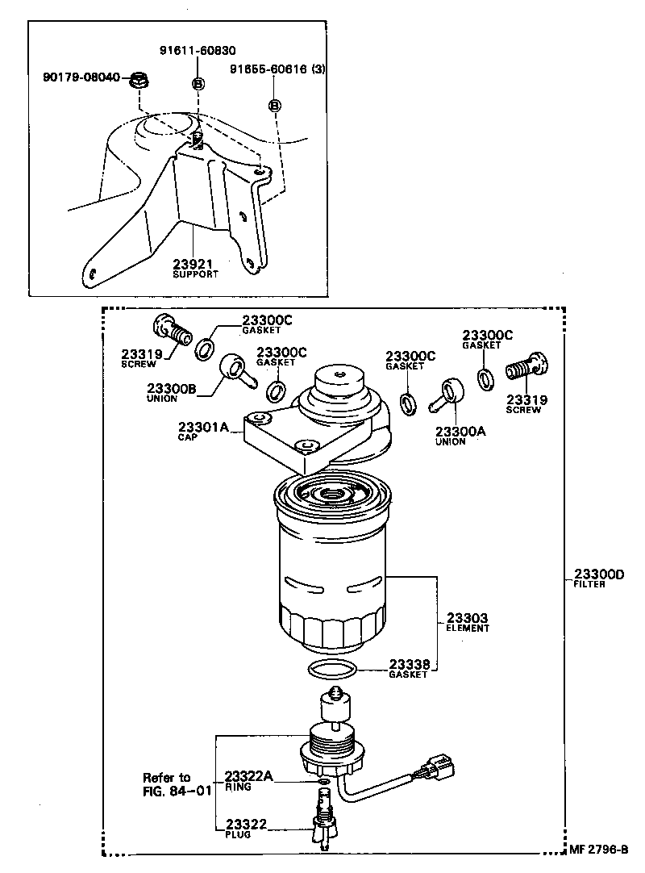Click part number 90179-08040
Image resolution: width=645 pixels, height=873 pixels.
[81, 77]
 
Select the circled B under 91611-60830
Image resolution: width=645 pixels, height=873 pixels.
[198, 84]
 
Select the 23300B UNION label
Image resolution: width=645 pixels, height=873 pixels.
[171, 391]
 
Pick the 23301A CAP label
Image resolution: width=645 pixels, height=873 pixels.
[204, 431]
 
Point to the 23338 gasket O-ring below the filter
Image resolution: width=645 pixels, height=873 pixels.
[332, 668]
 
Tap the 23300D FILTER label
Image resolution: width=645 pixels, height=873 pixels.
[599, 578]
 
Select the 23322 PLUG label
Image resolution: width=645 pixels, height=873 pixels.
[246, 828]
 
